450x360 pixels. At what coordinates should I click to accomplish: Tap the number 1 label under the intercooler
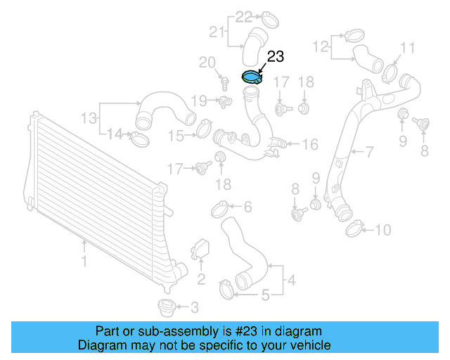[x=84, y=261]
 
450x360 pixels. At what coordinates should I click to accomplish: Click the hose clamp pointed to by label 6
[x=219, y=207]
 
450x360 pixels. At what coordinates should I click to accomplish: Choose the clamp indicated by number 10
[x=355, y=227]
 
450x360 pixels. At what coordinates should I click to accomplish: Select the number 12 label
[x=321, y=47]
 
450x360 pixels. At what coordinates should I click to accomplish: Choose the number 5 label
[x=265, y=295]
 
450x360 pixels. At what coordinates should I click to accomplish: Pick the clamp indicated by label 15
[x=205, y=128]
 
